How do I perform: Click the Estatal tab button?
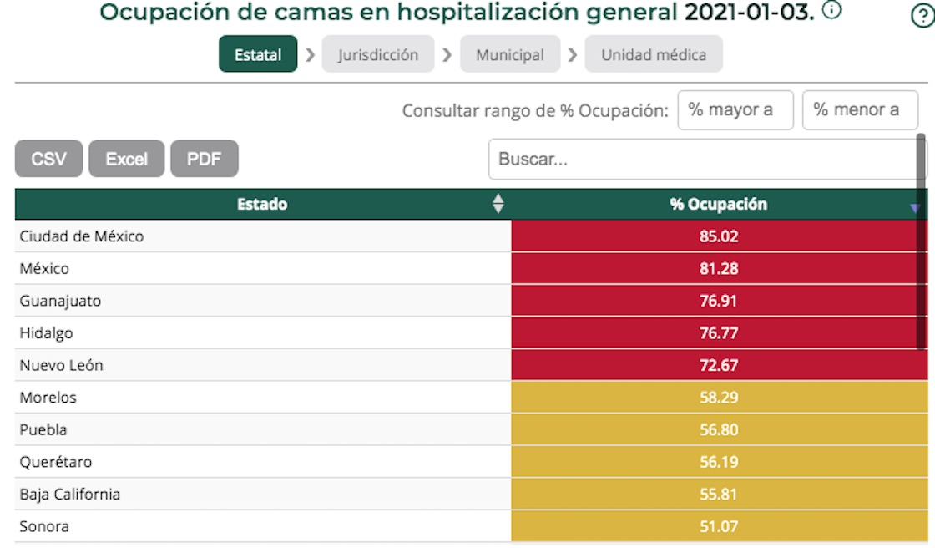pyautogui.click(x=258, y=55)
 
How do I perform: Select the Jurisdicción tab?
pyautogui.click(x=377, y=55)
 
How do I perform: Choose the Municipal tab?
pyautogui.click(x=509, y=55)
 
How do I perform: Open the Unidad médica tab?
pyautogui.click(x=654, y=55)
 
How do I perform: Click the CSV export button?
pyautogui.click(x=48, y=159)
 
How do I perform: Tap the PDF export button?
pyautogui.click(x=204, y=159)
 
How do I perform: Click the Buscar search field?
pyautogui.click(x=701, y=159)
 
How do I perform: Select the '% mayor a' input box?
pyautogui.click(x=735, y=110)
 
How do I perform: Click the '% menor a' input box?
pyautogui.click(x=859, y=110)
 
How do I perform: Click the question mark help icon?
pyautogui.click(x=922, y=17)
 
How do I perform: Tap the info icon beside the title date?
pyautogui.click(x=831, y=11)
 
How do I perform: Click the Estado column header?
pyautogui.click(x=262, y=204)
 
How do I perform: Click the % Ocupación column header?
pyautogui.click(x=718, y=204)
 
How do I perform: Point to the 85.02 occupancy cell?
pyautogui.click(x=719, y=236)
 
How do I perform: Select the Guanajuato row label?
pyautogui.click(x=60, y=301)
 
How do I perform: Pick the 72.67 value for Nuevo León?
pyautogui.click(x=719, y=365)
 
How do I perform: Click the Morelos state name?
pyautogui.click(x=48, y=398)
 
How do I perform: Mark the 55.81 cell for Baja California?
pyautogui.click(x=719, y=495)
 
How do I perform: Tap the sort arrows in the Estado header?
pyautogui.click(x=498, y=204)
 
